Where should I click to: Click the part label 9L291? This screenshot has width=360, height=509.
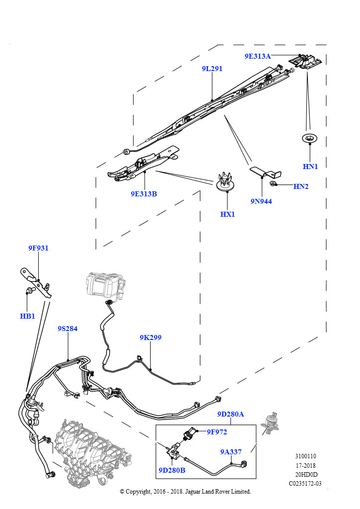(212, 69)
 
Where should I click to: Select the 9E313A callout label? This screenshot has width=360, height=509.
(258, 56)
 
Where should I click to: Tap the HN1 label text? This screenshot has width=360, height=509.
(310, 167)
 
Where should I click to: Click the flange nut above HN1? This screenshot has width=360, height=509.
(310, 139)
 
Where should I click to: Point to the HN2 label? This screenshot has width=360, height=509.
(301, 186)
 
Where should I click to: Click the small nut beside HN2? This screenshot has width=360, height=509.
(273, 184)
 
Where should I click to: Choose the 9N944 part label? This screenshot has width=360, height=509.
(261, 201)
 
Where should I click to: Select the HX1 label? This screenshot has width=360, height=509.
(227, 214)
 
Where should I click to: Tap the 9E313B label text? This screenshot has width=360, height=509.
(144, 194)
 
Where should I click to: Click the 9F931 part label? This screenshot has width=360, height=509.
(38, 248)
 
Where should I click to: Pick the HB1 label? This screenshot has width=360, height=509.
(27, 316)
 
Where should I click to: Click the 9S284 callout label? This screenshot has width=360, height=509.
(68, 329)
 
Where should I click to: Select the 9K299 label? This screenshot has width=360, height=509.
(151, 338)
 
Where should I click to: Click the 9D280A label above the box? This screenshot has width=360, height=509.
(231, 414)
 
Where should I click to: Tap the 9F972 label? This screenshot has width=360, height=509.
(217, 432)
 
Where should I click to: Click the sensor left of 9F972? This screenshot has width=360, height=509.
(190, 433)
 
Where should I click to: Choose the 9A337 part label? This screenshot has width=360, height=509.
(231, 452)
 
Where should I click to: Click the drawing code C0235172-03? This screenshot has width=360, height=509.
(305, 483)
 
